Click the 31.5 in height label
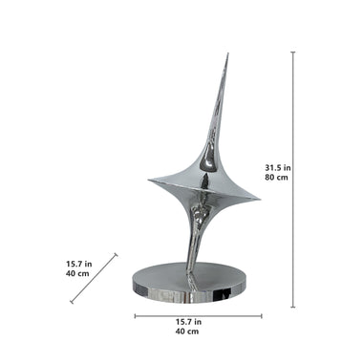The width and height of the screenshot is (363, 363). pos(278,167)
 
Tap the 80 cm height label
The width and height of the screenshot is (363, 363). pos(276,178)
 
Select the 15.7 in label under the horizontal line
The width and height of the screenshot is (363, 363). pos(188,322)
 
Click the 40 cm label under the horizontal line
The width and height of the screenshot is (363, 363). pos(187,331)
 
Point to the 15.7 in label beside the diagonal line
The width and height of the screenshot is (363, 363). pos(79,264)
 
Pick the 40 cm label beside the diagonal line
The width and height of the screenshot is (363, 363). pos(77,273)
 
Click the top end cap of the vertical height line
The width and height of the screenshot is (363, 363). pos(293,52)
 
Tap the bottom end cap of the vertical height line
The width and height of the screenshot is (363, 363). pos(293,308)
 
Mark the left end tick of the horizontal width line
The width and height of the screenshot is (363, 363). pos(135,316)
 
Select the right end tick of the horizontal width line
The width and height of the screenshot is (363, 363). pos(262,316)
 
